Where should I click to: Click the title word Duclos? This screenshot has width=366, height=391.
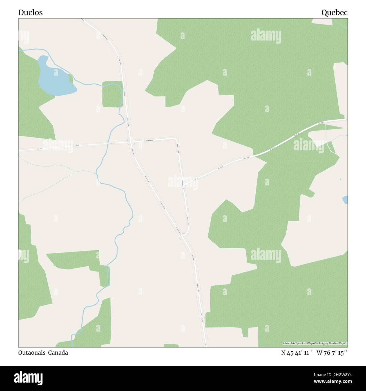coord(30,12)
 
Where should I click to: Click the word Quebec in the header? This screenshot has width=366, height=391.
coord(334,12)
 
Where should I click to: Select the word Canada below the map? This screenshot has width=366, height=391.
coord(58,352)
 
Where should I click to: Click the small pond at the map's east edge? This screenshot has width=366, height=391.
coord(345,200)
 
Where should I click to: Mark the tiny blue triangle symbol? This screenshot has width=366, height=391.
coord(340,179)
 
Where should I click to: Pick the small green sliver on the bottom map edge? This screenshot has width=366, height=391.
coord(171,345)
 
